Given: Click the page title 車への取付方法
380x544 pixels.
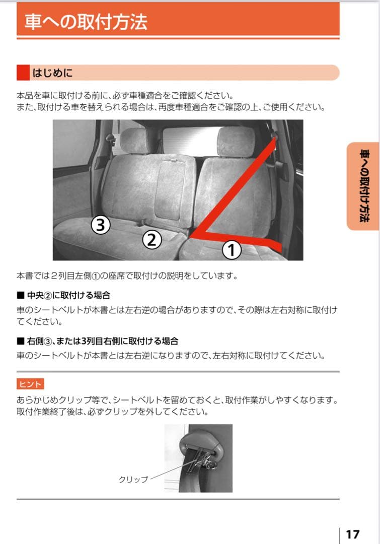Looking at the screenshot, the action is point(86,22).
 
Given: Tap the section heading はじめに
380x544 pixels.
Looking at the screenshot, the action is point(53,73).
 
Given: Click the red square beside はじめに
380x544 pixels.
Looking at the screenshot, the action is point(23,73).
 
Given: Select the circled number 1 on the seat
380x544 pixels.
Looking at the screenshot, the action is point(231,250).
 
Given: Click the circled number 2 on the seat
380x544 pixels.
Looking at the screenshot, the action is point(152,239).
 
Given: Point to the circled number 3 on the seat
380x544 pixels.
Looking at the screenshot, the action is point(101,225).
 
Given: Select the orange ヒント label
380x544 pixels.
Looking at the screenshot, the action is point(30,384).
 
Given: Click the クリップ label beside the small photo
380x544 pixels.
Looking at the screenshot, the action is point(133,479).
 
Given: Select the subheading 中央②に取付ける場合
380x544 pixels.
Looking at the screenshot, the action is point(68,295).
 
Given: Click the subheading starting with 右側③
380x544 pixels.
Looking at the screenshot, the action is point(103,341).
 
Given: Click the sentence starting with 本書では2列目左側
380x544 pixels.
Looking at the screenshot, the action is point(127,276).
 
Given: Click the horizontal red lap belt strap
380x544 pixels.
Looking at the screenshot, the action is point(236,240).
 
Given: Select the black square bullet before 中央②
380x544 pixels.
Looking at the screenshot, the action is point(20,296).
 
